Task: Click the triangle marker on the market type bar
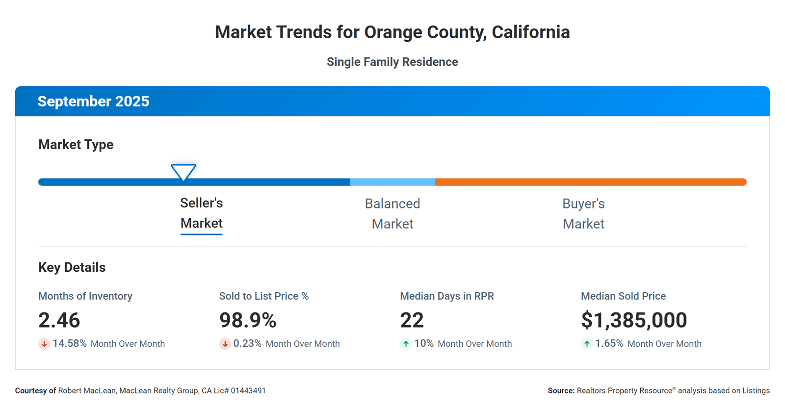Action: (183, 172)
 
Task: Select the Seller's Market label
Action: (201, 213)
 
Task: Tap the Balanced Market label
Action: (392, 213)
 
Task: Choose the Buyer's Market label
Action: (583, 213)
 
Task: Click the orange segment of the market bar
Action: (589, 182)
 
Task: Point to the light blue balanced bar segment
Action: (392, 182)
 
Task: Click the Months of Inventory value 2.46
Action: (59, 320)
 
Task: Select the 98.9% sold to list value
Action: (248, 320)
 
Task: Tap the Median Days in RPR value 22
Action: (412, 320)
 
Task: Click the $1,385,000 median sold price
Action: (634, 320)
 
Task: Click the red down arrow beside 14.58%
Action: (44, 344)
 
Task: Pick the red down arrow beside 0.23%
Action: (225, 344)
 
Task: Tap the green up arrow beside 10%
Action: (406, 344)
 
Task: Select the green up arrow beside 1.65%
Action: (587, 344)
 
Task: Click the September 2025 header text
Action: (93, 101)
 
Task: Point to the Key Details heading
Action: (72, 267)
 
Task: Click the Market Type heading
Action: (76, 144)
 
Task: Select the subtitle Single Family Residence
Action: (392, 62)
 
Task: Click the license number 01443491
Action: (248, 391)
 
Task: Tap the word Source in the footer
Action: (561, 391)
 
